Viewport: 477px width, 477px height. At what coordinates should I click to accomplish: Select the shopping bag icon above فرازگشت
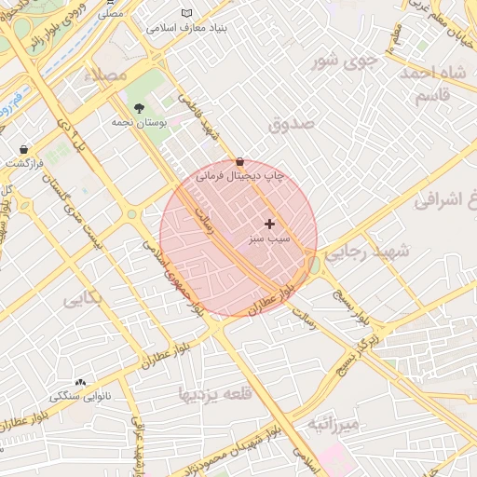23,149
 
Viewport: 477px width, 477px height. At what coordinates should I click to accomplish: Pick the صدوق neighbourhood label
292,122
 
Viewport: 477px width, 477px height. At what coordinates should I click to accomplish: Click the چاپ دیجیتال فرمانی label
239,175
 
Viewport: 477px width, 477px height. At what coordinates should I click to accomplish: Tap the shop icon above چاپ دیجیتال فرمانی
240,161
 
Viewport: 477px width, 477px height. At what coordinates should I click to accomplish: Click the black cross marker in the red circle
270,224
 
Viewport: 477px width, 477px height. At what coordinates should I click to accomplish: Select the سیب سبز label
269,239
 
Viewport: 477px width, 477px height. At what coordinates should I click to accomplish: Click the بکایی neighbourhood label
83,300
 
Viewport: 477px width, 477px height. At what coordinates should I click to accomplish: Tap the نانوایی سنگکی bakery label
80,397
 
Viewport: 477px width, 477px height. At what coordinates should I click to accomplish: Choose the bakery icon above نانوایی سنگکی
80,382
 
